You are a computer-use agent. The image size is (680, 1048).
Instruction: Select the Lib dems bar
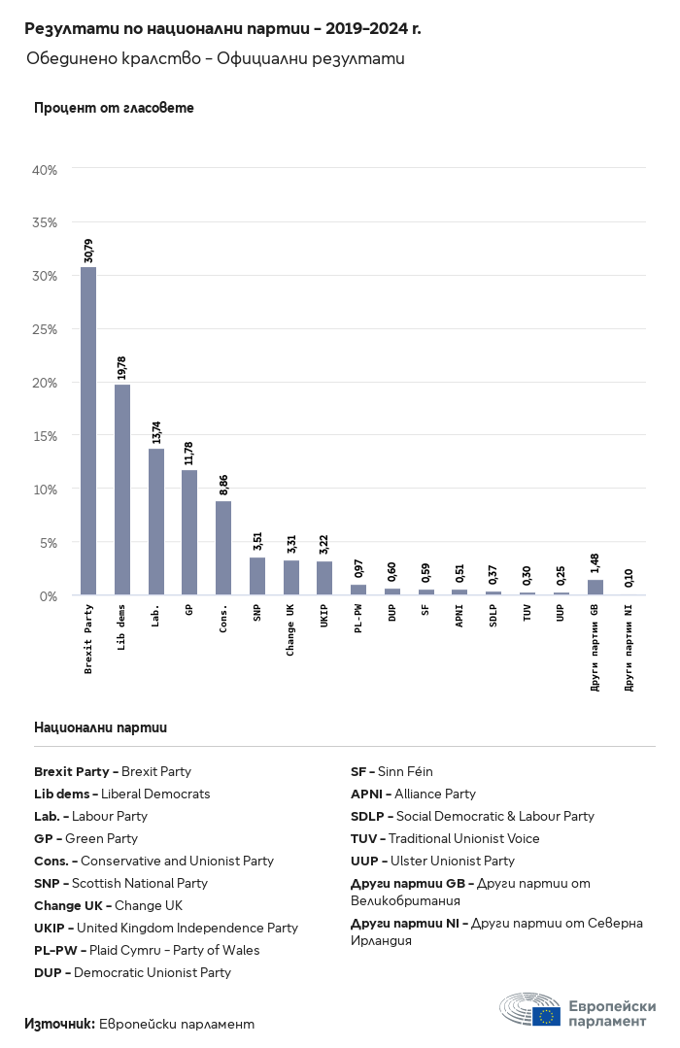(122, 490)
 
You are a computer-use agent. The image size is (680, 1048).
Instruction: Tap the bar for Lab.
(156, 522)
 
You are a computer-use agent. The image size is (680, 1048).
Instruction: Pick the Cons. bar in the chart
(223, 548)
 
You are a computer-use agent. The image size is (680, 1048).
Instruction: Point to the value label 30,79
(89, 251)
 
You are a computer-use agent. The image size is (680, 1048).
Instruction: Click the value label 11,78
(190, 454)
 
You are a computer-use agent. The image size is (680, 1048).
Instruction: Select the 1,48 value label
(595, 564)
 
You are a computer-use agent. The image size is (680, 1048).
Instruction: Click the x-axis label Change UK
(290, 629)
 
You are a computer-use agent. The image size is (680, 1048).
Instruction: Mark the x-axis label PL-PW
(358, 620)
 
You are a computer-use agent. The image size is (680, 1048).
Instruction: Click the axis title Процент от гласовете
(114, 108)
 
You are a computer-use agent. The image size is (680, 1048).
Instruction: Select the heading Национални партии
(100, 727)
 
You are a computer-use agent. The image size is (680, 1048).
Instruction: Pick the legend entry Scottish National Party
(120, 884)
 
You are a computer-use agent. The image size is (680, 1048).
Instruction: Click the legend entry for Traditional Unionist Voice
(445, 839)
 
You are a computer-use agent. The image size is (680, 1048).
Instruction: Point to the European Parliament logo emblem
(529, 1010)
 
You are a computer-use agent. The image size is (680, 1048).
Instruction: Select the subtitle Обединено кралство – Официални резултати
(215, 59)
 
